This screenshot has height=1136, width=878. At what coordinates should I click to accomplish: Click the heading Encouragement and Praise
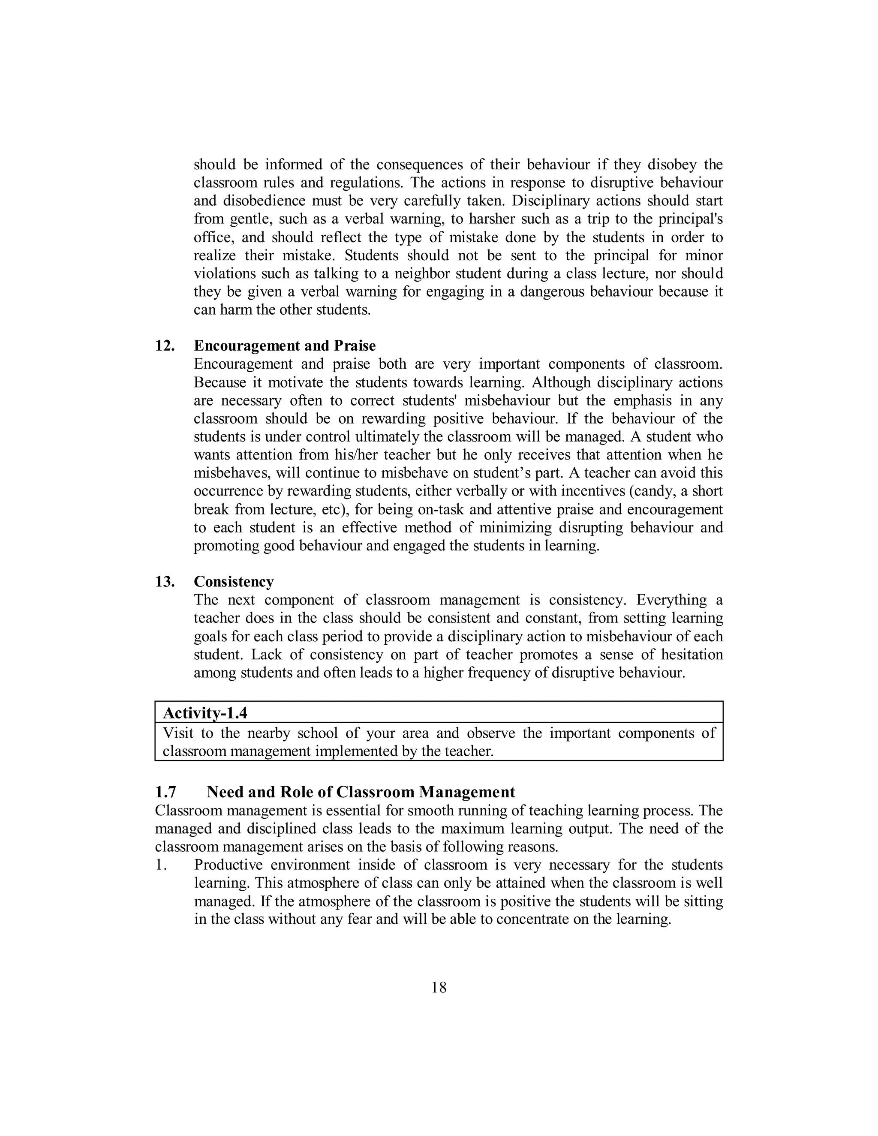click(x=285, y=346)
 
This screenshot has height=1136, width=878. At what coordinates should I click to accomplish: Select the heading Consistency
click(x=234, y=582)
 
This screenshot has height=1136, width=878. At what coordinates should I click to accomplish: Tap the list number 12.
click(x=164, y=346)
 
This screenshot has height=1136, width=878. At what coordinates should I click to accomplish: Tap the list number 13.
click(x=164, y=582)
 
